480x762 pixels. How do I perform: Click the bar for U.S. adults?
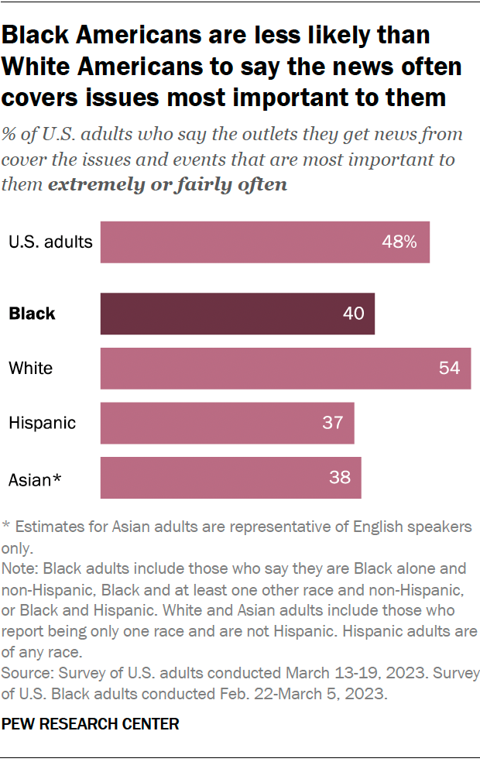265,242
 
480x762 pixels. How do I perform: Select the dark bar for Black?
237,314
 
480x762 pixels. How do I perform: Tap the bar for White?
285,368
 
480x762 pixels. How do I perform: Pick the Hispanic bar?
227,423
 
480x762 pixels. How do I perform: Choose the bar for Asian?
231,478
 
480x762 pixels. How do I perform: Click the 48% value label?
399,242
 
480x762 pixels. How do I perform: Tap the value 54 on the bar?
449,368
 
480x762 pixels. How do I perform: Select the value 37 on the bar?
332,423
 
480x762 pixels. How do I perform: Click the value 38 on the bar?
339,478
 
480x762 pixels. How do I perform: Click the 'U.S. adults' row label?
50,242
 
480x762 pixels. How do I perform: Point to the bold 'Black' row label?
32,314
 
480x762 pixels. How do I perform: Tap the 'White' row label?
31,368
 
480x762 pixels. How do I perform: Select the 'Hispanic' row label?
43,423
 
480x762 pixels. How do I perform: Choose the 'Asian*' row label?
35,479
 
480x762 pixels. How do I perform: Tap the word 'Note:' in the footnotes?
22,567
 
